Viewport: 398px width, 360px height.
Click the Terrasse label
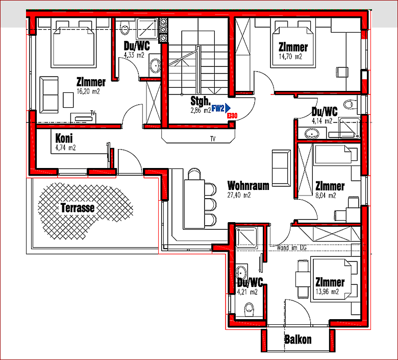[78, 208]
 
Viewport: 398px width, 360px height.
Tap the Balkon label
[298, 340]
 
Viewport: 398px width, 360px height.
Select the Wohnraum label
[248, 186]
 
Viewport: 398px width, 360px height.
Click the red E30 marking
[232, 116]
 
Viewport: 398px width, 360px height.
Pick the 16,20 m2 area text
[88, 91]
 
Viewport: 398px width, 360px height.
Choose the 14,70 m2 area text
[290, 56]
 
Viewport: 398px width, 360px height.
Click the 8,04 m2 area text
[326, 196]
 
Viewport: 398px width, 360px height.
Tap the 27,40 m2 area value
[239, 195]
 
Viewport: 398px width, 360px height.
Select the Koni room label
[64, 138]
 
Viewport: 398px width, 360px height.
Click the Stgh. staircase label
[201, 101]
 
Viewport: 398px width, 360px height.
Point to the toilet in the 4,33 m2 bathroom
[125, 28]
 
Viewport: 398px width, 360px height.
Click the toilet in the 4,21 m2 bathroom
[250, 309]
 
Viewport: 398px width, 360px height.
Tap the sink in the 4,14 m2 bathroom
[311, 133]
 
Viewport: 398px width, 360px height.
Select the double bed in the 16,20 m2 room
[73, 44]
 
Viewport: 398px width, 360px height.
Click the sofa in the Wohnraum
[281, 168]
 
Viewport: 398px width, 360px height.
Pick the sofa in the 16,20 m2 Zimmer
[49, 95]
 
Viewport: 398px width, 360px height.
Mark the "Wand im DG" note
[292, 248]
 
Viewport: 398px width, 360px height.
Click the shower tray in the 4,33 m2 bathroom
[147, 29]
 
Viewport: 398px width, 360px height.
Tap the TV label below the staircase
[213, 139]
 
